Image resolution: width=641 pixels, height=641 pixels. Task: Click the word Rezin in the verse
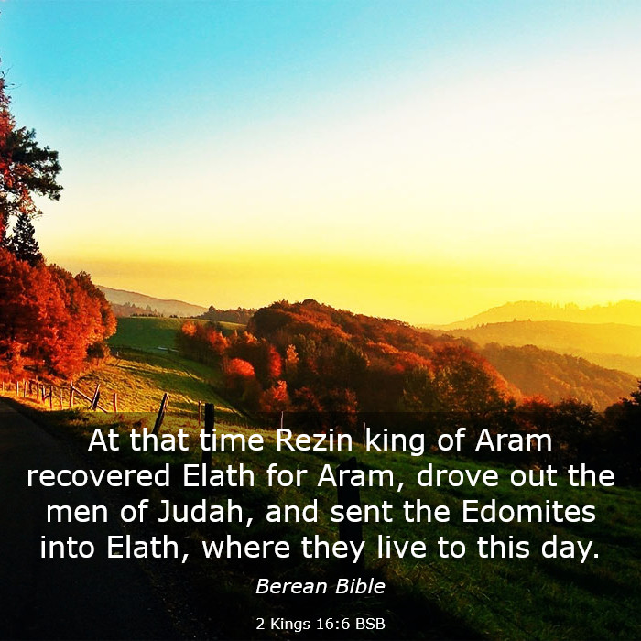point(313,440)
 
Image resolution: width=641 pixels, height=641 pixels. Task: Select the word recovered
point(99,476)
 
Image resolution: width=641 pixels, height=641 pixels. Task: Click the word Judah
point(201,512)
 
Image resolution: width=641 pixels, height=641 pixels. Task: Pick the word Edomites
point(528,512)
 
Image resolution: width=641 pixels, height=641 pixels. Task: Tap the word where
point(246,548)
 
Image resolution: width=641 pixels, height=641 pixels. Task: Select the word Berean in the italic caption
point(291,587)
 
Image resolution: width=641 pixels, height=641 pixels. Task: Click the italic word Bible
point(360,587)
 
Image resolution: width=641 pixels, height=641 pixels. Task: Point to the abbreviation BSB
point(370,625)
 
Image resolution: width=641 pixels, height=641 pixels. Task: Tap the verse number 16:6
point(333,625)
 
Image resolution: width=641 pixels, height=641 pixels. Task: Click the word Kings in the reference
point(290,625)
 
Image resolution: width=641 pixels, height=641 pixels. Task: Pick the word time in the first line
point(232,440)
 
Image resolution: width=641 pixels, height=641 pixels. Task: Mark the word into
point(67,549)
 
